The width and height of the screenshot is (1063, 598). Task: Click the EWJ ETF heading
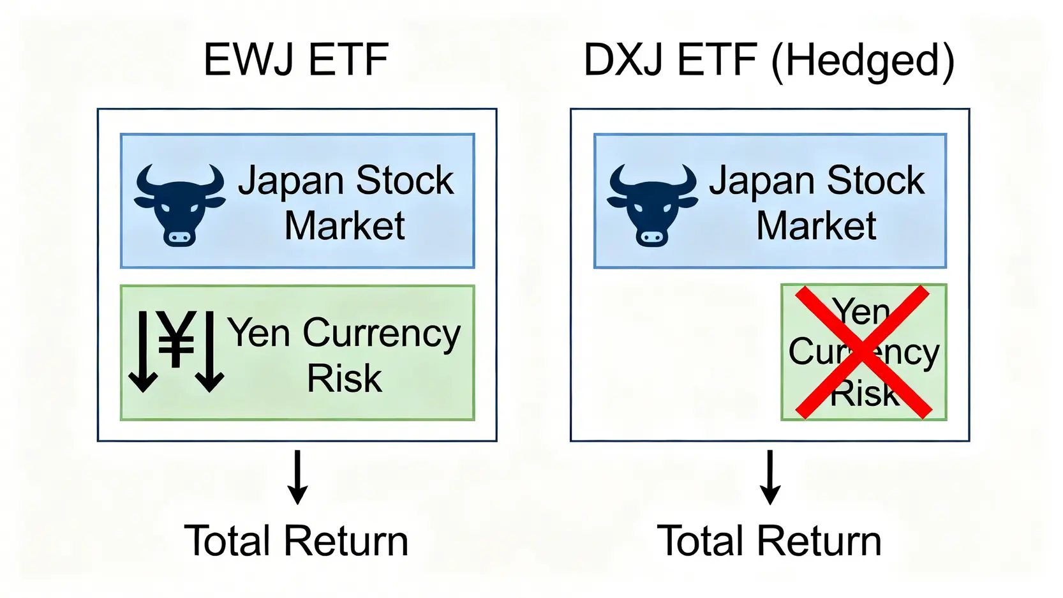click(x=295, y=60)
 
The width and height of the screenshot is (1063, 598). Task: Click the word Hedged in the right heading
click(x=863, y=61)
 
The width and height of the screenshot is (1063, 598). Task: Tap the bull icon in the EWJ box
click(x=179, y=204)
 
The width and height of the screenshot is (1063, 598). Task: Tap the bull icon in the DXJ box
click(x=652, y=204)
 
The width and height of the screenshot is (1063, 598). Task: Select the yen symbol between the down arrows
click(x=176, y=341)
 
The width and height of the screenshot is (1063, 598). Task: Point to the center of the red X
click(x=863, y=352)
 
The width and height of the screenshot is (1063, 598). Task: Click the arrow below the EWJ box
click(x=297, y=477)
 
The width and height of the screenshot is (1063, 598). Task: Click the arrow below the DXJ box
click(x=770, y=477)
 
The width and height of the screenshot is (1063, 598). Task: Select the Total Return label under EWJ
click(x=296, y=541)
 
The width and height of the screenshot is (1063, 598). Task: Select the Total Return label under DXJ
click(x=769, y=541)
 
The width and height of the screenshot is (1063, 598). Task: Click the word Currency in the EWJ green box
click(x=381, y=334)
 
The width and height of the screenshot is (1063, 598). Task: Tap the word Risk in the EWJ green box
click(x=344, y=378)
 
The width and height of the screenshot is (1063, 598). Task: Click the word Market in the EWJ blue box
click(x=345, y=226)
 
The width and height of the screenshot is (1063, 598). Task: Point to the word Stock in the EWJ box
click(x=405, y=181)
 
